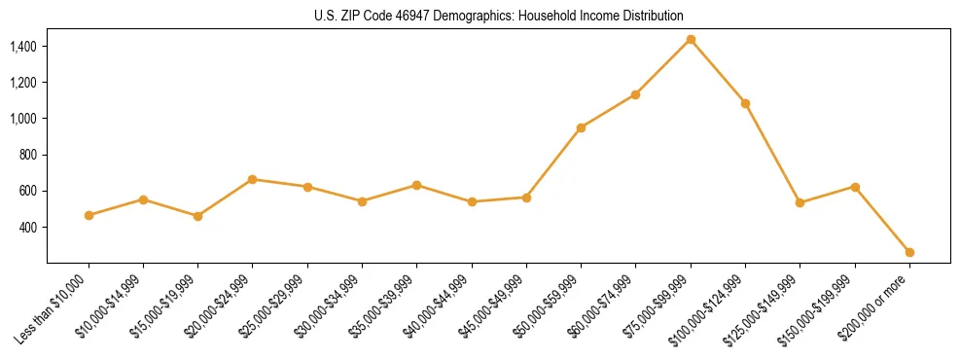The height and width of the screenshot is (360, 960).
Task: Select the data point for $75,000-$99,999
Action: tap(691, 40)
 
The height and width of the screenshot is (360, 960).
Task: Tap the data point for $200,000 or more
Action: tap(909, 252)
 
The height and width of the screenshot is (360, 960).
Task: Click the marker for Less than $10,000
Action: tap(89, 215)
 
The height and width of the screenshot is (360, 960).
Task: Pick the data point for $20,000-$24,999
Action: tap(253, 179)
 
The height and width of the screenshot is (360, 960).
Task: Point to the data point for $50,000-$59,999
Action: tap(581, 127)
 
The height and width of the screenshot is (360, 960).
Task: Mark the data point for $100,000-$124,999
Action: tap(745, 103)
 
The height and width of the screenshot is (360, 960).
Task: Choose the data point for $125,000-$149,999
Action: tap(800, 202)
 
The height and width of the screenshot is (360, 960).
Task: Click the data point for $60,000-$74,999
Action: tap(635, 94)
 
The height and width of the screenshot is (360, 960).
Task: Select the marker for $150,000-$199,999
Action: tap(855, 187)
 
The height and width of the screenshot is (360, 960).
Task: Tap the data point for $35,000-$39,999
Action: tap(416, 185)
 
